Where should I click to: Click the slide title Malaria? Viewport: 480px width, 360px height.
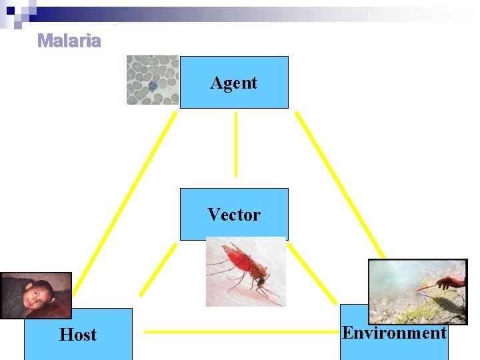click(69, 41)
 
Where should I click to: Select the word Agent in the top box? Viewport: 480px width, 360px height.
click(234, 83)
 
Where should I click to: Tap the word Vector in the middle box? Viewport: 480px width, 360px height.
click(234, 215)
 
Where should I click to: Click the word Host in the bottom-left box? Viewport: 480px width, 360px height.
click(78, 335)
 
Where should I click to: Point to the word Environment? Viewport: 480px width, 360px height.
click(394, 333)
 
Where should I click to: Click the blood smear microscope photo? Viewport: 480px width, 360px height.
click(153, 80)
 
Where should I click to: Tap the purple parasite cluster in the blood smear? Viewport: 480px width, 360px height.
click(153, 85)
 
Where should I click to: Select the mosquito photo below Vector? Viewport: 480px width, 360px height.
click(245, 271)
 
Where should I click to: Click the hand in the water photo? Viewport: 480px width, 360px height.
click(454, 281)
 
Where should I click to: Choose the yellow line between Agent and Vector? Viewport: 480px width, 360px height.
click(235, 143)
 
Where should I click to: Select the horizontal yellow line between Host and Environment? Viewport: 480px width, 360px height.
click(236, 331)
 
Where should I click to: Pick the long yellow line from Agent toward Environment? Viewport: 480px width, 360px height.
click(340, 183)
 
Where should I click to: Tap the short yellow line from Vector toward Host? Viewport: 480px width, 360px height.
click(157, 269)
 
